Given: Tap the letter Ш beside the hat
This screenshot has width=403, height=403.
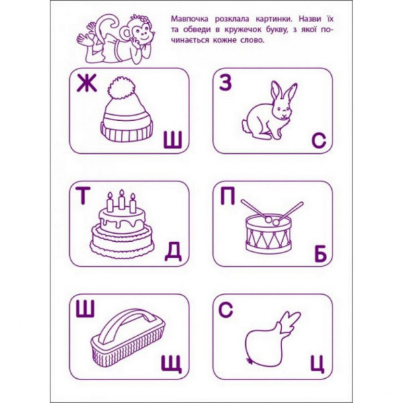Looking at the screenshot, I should click(x=173, y=139).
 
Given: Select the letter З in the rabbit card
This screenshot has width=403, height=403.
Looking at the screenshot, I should click(x=226, y=83).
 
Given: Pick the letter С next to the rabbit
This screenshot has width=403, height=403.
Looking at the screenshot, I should click(x=318, y=140).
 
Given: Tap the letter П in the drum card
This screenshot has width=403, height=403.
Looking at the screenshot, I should click(x=227, y=196).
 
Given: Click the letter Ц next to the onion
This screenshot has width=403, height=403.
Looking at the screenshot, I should click(x=318, y=365).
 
